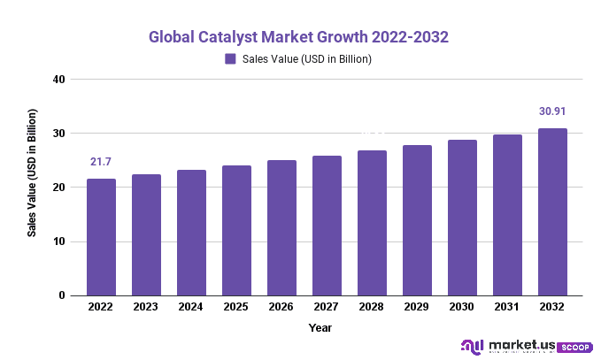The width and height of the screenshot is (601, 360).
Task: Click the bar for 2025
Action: (236, 230)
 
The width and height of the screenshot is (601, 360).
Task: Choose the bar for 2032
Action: (552, 212)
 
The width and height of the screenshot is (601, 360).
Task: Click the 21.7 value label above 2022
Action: (101, 162)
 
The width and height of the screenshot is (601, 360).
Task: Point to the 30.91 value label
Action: (552, 111)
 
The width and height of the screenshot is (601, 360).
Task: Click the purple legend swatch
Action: (230, 59)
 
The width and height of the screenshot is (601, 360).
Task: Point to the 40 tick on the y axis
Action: (59, 80)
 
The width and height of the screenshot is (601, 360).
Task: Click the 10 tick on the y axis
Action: (59, 241)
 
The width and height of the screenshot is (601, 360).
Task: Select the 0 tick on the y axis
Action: (63, 295)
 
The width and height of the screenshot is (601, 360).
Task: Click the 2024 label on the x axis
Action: (191, 307)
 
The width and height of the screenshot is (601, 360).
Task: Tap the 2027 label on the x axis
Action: (327, 307)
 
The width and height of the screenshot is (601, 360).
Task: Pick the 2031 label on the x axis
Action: (507, 307)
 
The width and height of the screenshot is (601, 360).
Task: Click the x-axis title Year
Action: (320, 327)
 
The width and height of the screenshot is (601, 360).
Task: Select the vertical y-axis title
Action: (32, 172)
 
